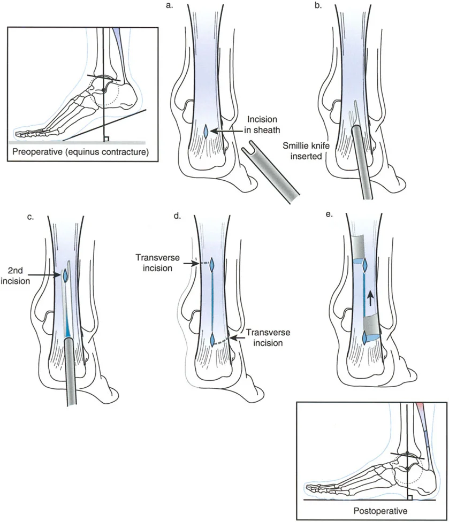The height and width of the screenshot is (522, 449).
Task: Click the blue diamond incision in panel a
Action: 208,131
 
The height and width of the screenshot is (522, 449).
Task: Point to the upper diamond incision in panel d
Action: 212,264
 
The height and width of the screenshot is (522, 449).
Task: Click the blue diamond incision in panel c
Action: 65,275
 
